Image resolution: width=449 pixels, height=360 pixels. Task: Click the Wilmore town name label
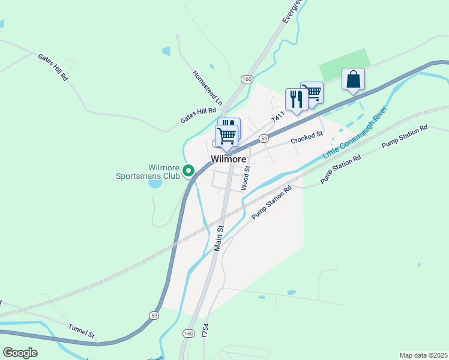pos(228,159)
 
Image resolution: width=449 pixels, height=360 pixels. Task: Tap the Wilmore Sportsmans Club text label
pos(148,172)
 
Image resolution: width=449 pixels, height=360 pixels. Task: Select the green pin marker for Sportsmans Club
pos(188,171)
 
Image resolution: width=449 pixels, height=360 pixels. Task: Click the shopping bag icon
pos(354,79)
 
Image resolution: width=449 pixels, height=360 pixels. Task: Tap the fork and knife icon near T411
pos(296,98)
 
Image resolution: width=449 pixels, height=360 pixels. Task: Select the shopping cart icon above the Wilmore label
pos(226,135)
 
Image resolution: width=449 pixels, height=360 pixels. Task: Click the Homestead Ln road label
pos(206,88)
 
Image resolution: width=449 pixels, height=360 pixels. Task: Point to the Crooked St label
pos(307,138)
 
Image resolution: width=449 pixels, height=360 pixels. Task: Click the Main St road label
pos(219,238)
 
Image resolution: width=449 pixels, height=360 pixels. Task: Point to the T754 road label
pos(205,332)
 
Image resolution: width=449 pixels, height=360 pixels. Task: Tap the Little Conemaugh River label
pos(354,133)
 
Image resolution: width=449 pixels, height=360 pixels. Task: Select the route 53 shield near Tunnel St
pos(154,315)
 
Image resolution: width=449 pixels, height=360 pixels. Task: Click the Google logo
pos(20,353)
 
